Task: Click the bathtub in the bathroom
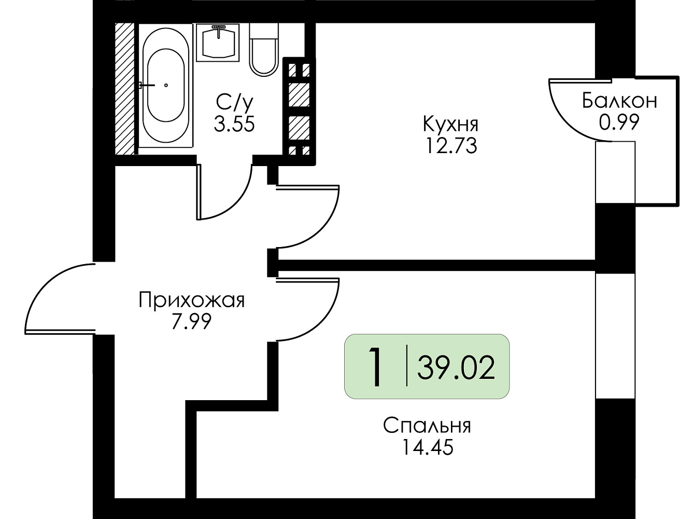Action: pyautogui.click(x=165, y=85)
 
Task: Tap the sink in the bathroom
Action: pyautogui.click(x=218, y=43)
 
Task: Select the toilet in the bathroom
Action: pyautogui.click(x=264, y=50)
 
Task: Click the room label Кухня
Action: pyautogui.click(x=450, y=124)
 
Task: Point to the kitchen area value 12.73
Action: pyautogui.click(x=451, y=146)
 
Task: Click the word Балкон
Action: pyautogui.click(x=619, y=101)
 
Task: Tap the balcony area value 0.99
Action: pyautogui.click(x=619, y=122)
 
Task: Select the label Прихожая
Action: pyautogui.click(x=192, y=301)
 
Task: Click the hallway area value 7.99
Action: pyautogui.click(x=191, y=322)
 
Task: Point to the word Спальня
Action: pyautogui.click(x=427, y=426)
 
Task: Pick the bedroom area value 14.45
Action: pyautogui.click(x=428, y=447)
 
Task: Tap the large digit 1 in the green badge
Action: pyautogui.click(x=375, y=366)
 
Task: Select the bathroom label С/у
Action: pyautogui.click(x=235, y=102)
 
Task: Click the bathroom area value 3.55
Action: pyautogui.click(x=234, y=124)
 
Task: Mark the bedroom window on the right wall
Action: pyautogui.click(x=615, y=336)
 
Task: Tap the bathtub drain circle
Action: pyautogui.click(x=166, y=85)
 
